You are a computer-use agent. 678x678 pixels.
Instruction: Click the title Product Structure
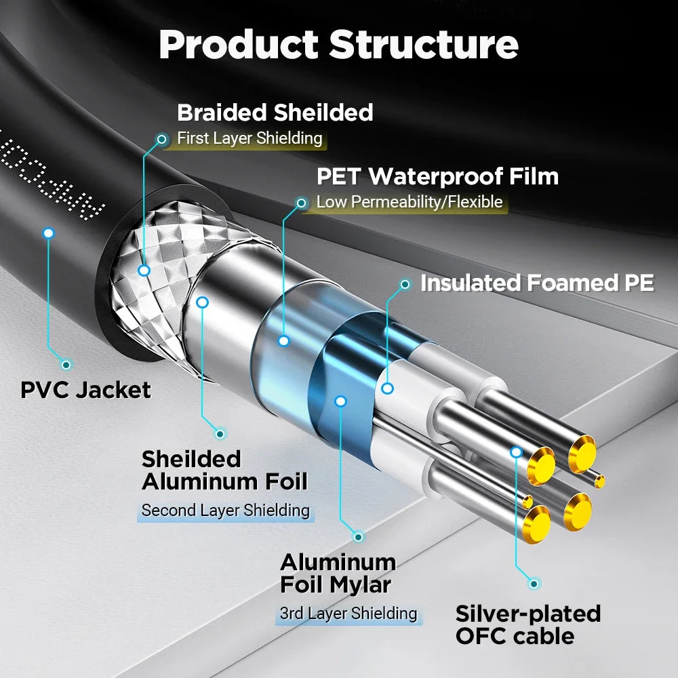338,44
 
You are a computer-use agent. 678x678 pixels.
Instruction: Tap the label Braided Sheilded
275,112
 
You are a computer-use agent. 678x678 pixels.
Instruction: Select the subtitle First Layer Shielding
250,138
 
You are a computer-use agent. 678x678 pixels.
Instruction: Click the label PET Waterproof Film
437,176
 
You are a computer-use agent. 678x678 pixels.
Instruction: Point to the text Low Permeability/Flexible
410,202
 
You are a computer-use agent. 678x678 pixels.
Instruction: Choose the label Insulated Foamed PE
537,283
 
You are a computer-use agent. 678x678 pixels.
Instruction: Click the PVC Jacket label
85,390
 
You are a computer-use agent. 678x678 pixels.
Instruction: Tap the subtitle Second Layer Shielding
225,510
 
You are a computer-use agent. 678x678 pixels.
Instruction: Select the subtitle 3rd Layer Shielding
348,614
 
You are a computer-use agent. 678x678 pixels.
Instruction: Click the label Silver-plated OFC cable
527,624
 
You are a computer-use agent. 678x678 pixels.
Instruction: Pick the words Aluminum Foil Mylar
338,573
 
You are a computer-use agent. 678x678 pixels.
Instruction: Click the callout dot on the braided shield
144,271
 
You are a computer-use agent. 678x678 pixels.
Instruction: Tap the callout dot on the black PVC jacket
48,233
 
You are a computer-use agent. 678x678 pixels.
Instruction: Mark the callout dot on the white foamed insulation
387,388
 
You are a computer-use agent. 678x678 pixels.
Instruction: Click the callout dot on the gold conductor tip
516,451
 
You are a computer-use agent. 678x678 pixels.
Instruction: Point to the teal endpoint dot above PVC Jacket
66,364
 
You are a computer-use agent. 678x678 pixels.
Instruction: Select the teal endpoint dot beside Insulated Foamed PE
405,284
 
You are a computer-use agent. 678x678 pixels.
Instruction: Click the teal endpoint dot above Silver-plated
534,583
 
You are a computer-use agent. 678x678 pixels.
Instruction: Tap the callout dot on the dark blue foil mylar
340,401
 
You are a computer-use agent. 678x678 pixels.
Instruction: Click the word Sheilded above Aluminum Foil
191,459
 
